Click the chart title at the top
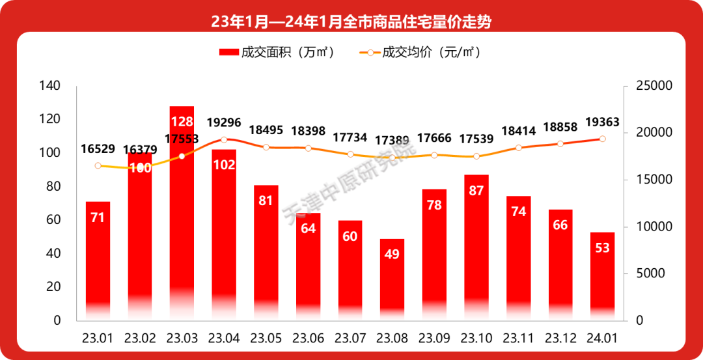click(351, 21)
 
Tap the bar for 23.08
click(392, 280)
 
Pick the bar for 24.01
click(602, 277)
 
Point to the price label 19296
click(224, 123)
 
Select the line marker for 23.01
click(98, 165)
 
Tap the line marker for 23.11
click(519, 148)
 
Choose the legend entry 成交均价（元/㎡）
click(420, 53)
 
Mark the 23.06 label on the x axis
click(308, 339)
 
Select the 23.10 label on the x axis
click(476, 339)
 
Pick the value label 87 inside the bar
click(476, 191)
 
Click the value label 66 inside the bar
click(560, 225)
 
